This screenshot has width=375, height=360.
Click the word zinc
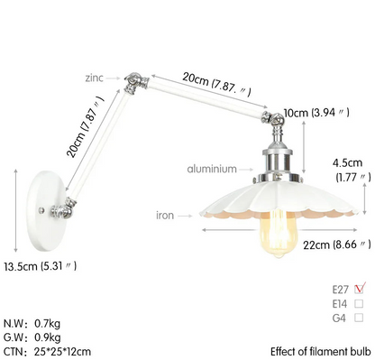(94, 78)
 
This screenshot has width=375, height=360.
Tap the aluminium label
(212, 169)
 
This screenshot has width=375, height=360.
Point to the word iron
(165, 216)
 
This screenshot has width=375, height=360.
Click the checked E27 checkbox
(360, 288)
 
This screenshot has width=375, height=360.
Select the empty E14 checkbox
(359, 303)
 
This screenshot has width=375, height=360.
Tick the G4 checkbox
(359, 318)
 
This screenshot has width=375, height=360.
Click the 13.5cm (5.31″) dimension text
(41, 266)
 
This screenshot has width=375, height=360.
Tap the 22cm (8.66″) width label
(337, 245)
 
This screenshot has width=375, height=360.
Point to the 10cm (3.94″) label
(316, 113)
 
